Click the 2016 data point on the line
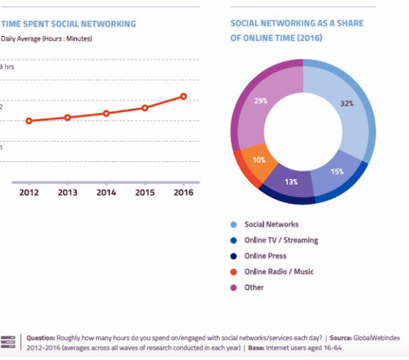pos(183,97)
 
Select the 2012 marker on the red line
pos(29,121)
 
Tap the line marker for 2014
pos(106,114)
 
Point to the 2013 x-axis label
pos(68,192)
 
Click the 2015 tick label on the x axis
pos(145,192)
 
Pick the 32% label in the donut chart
pos(347,104)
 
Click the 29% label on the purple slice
pos(261,101)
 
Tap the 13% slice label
pos(291,182)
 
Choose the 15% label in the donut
pos(337,172)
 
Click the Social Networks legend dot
pos(234,225)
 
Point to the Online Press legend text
pos(265,256)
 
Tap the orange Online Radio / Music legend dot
pos(234,272)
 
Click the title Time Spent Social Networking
pos(69,24)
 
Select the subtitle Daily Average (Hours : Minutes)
pos(47,38)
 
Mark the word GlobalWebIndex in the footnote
pos(376,338)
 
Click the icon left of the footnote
pos(8,342)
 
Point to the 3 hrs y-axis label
pos(7,66)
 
